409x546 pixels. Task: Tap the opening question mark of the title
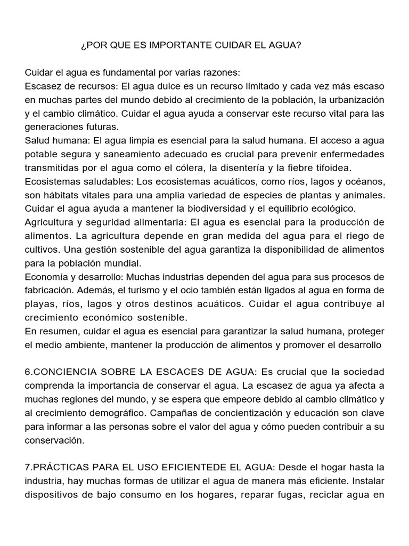point(83,45)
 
